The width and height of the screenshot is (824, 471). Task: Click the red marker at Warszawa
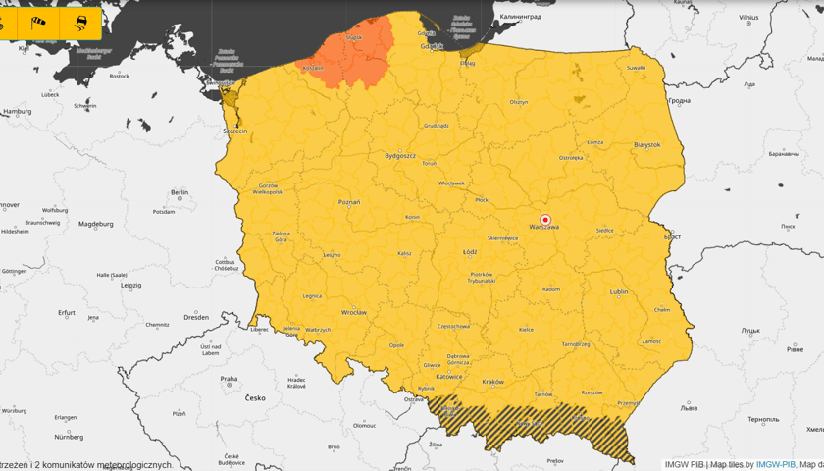[546, 219]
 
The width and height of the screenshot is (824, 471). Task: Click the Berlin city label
[180, 193]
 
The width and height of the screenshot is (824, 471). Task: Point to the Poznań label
[349, 202]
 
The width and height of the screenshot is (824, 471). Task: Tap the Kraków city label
[492, 382]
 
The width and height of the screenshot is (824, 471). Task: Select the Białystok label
[647, 145]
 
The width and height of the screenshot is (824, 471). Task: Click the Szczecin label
[235, 131]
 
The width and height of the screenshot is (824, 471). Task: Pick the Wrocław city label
[353, 312]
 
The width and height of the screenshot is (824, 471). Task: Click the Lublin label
[619, 291]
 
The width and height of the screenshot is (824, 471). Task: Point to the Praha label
[229, 379]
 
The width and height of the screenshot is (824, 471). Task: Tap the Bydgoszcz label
[400, 155]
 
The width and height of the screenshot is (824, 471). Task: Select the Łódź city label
[470, 252]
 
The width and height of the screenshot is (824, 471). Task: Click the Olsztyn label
[519, 102]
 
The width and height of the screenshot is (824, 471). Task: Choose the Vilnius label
[748, 18]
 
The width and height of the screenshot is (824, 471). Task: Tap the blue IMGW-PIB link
[775, 464]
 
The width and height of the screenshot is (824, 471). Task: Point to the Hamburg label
[18, 112]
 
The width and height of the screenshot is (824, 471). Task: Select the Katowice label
[449, 376]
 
